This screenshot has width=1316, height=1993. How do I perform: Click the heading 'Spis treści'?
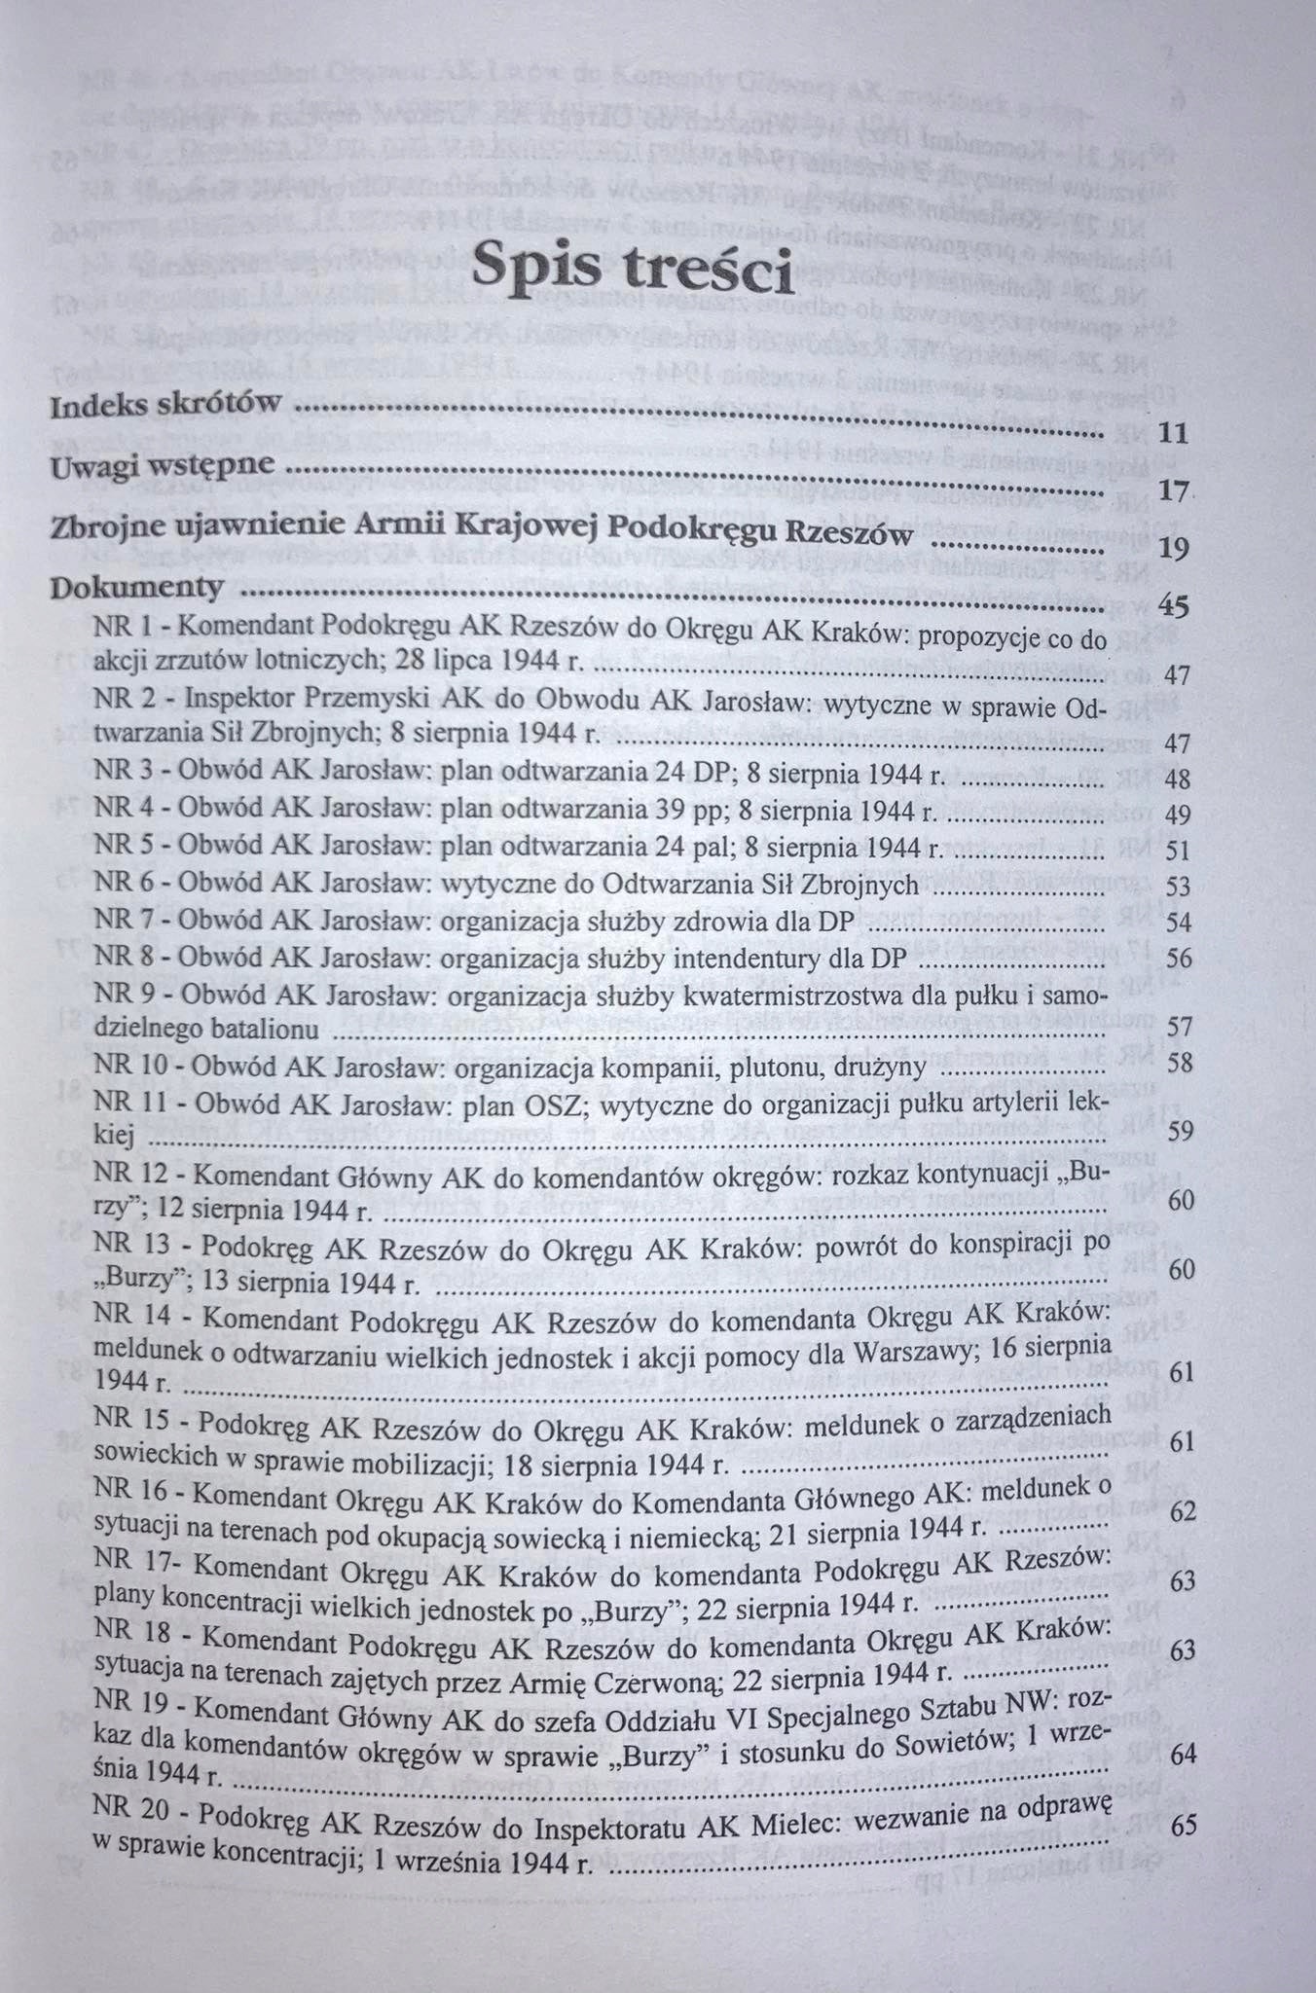click(x=634, y=267)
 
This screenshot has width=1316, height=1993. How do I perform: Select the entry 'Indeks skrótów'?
click(x=166, y=405)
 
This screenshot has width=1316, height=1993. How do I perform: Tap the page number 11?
click(x=1174, y=435)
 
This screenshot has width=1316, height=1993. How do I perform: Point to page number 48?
click(x=1178, y=780)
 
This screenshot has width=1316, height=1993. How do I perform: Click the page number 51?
click(x=1178, y=852)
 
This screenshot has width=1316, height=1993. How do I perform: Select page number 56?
click(x=1179, y=959)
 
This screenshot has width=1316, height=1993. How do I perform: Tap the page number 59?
click(x=1181, y=1132)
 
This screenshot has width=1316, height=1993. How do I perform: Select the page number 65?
click(x=1185, y=1826)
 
